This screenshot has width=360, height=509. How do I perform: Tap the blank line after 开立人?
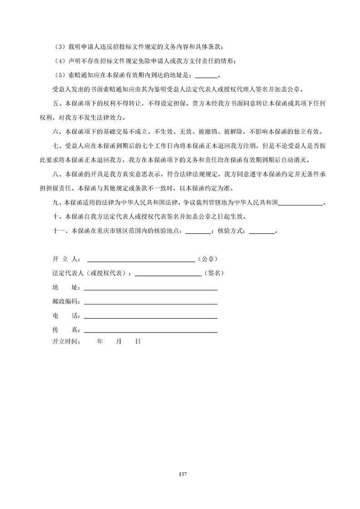tap(141, 261)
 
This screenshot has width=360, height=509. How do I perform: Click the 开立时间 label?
tap(66, 342)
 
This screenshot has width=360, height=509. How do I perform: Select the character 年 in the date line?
tap(100, 342)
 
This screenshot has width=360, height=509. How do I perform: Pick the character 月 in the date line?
tap(119, 342)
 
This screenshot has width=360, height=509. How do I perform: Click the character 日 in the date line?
tap(138, 342)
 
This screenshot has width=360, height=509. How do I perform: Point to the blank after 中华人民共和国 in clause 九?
tap(300, 205)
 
